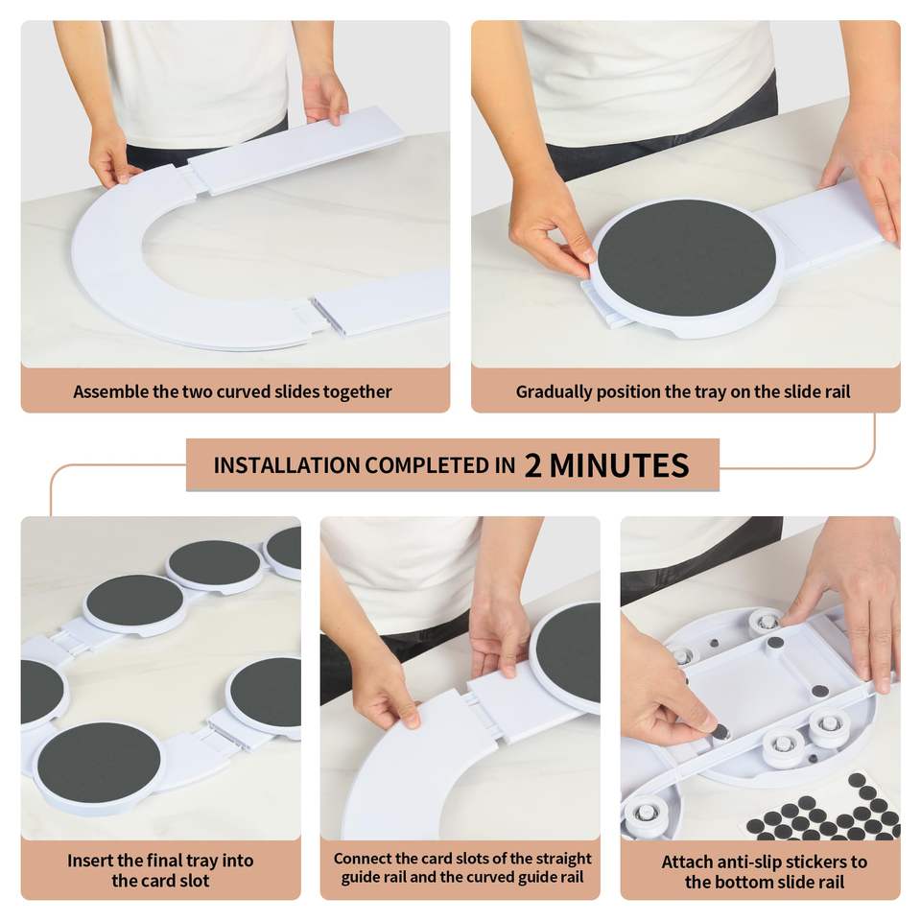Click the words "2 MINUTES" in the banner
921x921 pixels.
click(606, 465)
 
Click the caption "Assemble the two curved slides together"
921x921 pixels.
click(232, 391)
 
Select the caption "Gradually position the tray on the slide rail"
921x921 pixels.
click(683, 391)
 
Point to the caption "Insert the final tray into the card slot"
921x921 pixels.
click(160, 870)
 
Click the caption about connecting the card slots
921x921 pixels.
click(462, 867)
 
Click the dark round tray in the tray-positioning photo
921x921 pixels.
click(687, 257)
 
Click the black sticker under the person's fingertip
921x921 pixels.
click(720, 732)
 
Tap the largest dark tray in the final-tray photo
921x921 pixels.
click(99, 763)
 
